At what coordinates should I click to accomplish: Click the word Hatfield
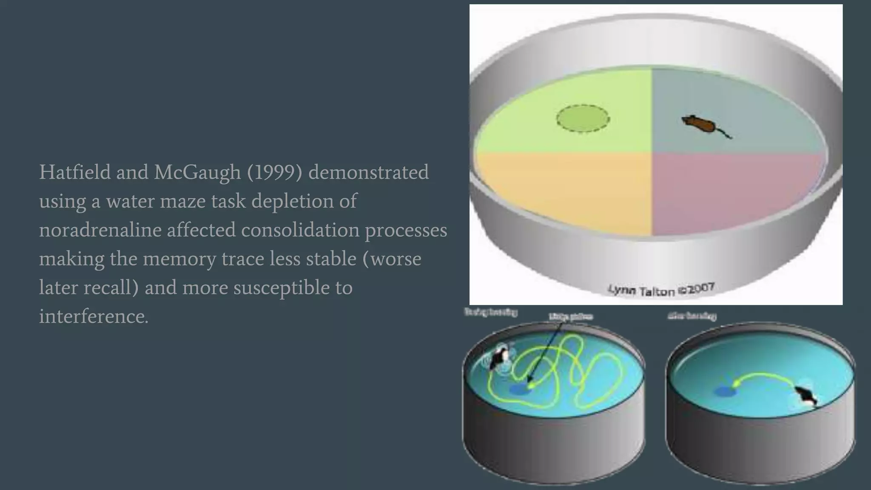75,172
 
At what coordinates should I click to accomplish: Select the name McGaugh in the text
197,172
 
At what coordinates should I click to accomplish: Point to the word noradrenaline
100,230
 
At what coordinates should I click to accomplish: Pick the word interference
94,316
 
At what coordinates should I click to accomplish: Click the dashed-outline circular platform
583,119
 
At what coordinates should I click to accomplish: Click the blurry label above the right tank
692,316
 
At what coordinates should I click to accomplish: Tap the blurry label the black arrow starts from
570,316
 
